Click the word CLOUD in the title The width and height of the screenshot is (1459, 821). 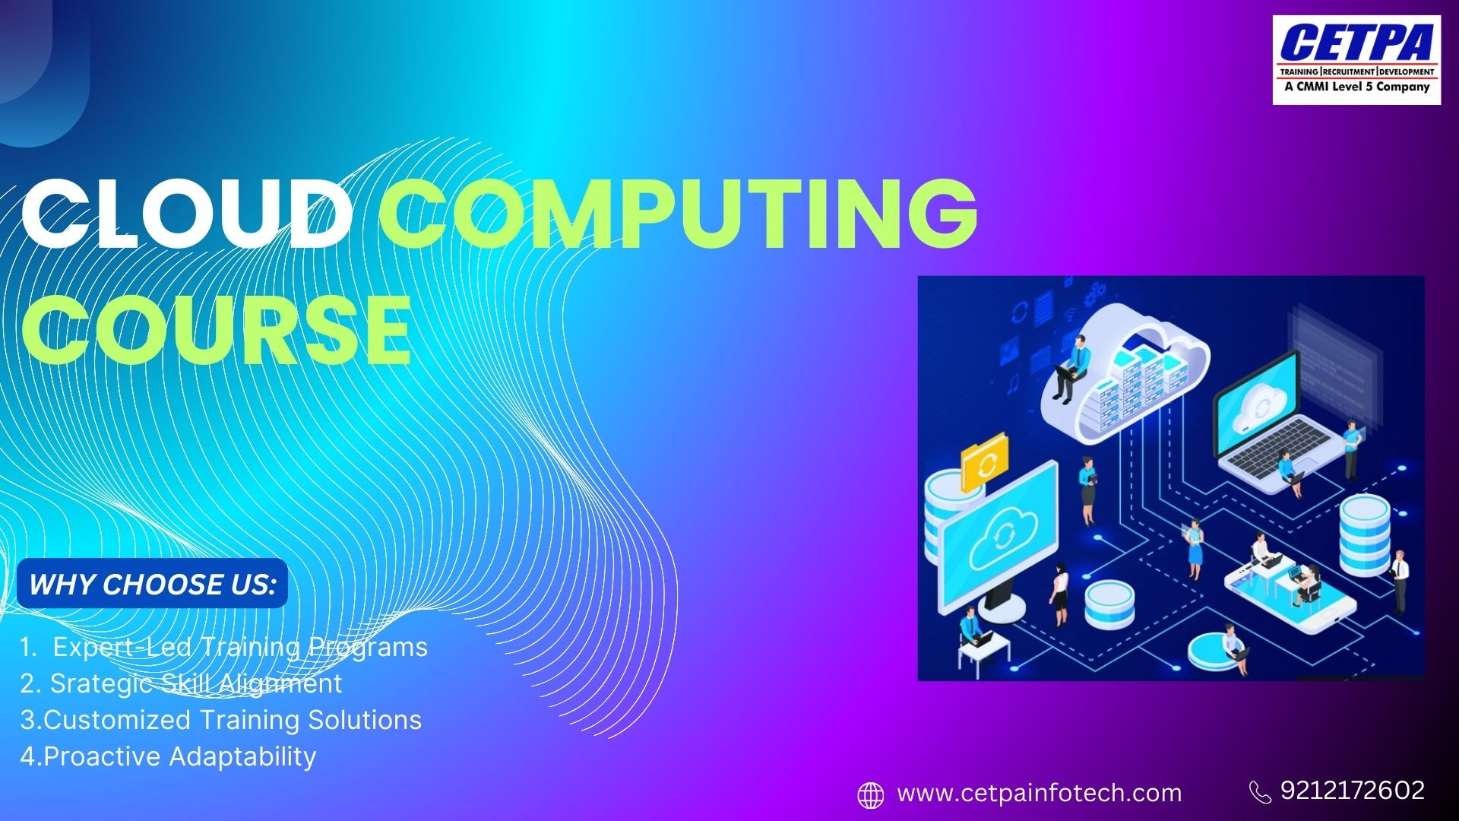187,215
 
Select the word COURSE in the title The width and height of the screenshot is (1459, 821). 217,330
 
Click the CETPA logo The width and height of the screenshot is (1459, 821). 1357,59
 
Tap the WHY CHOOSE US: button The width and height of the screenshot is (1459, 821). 152,584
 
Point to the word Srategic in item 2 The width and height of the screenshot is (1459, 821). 101,684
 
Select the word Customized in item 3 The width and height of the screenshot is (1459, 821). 118,720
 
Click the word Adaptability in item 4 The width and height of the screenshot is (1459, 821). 242,757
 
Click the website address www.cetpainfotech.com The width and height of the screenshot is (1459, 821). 1040,794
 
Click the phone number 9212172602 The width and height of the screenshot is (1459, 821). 1353,791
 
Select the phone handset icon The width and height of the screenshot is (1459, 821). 1260,792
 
